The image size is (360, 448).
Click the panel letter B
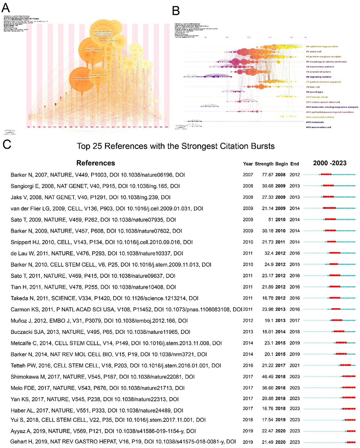pos(176,11)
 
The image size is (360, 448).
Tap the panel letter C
pos(7,144)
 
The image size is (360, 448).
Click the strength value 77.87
pos(267,175)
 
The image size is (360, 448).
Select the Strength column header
pos(264,164)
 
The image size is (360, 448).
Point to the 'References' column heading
pos(96,163)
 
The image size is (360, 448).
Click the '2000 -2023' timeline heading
pos(330,163)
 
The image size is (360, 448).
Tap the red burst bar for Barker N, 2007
pos(326,175)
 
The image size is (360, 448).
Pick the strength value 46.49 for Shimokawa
pos(267,377)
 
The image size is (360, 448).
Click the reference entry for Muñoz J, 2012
pos(99,321)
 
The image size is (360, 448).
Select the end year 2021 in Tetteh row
pos(294,365)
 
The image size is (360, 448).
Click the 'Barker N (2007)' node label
pos(82,79)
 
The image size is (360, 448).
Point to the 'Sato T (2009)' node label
pos(93,50)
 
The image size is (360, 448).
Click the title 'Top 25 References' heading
pos(176,146)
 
